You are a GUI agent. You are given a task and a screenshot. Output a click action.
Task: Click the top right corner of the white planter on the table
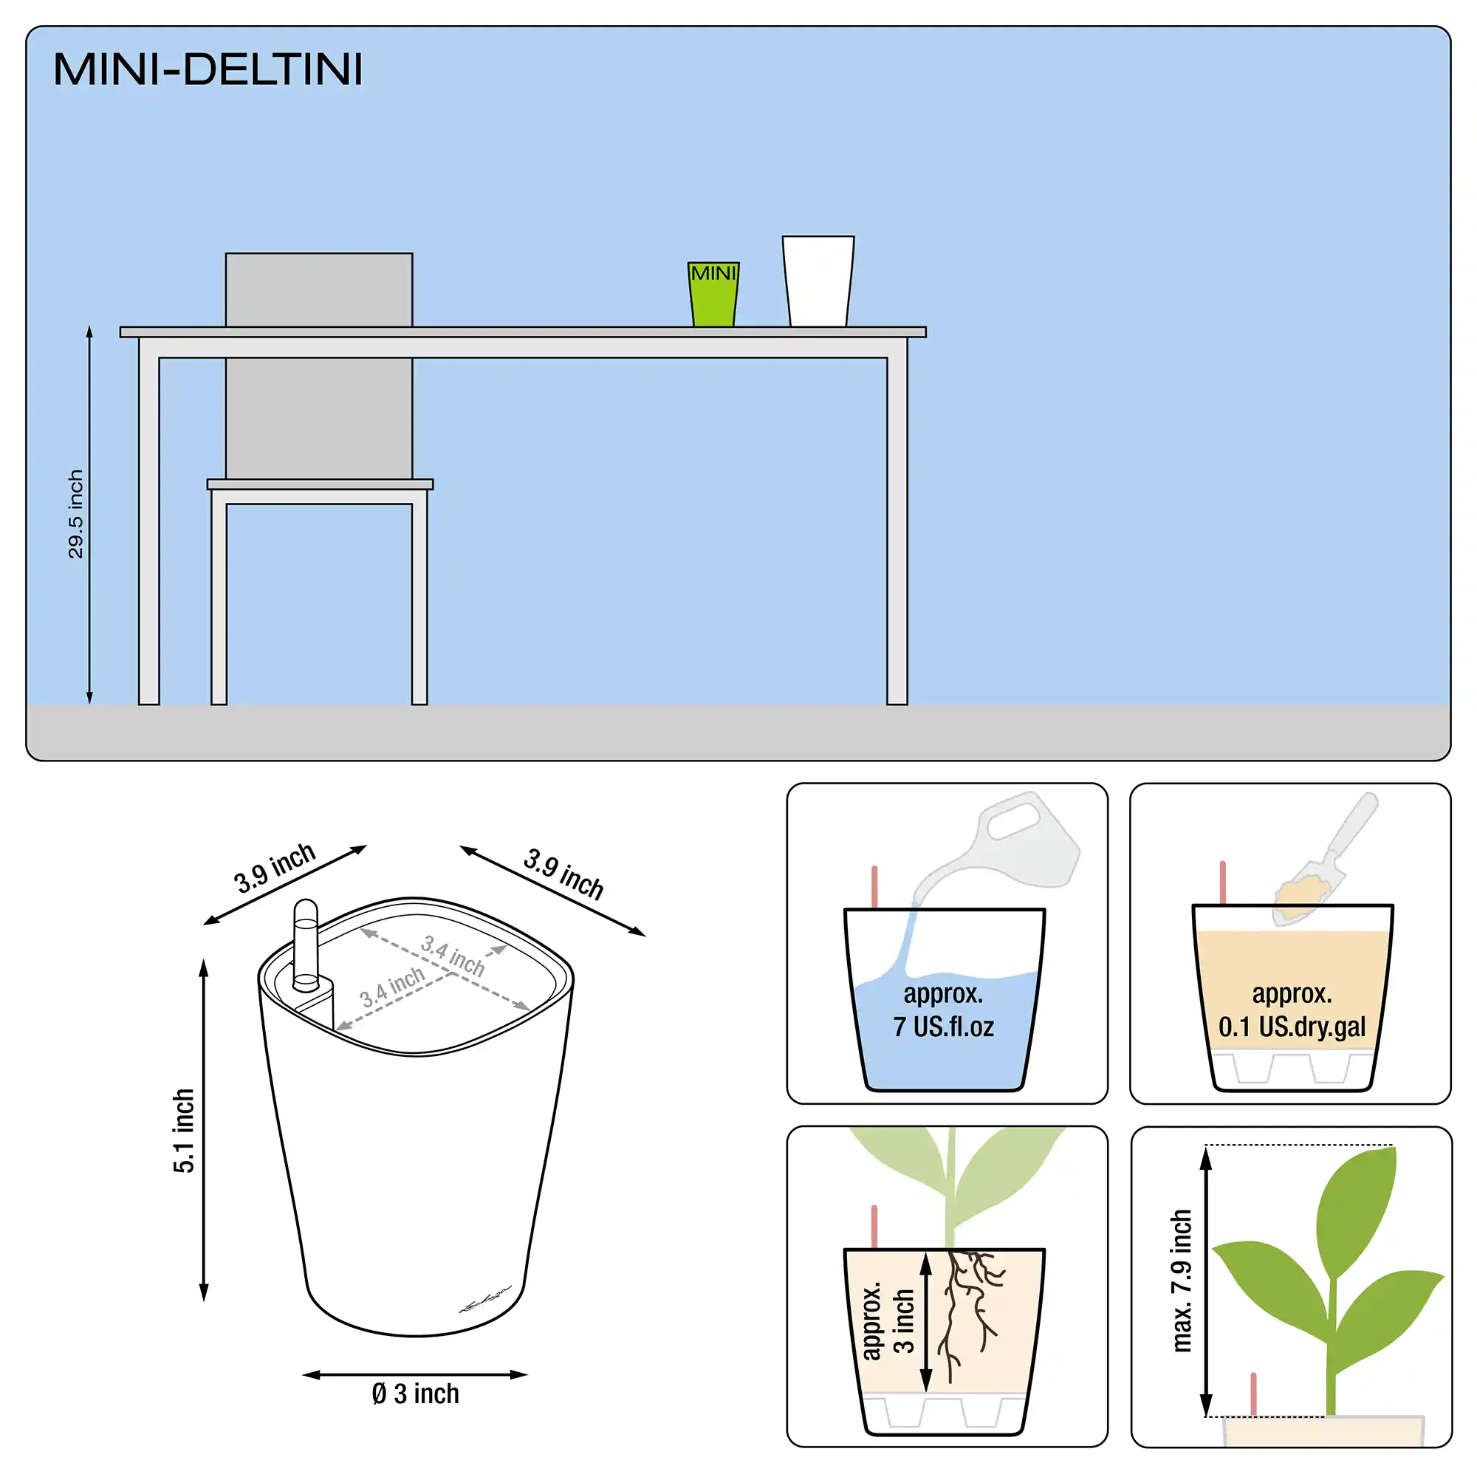[854, 236]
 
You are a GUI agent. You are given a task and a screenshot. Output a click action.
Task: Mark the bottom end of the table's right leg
[897, 703]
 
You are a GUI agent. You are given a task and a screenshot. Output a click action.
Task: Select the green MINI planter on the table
[713, 295]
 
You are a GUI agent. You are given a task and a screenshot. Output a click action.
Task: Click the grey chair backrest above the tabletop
[319, 289]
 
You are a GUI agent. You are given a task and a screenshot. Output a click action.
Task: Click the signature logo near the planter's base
[484, 1300]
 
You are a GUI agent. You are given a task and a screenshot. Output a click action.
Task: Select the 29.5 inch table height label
[75, 514]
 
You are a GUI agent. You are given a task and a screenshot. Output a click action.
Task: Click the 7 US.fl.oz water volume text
[943, 1026]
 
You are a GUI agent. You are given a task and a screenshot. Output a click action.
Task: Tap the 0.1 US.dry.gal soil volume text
[1292, 1027]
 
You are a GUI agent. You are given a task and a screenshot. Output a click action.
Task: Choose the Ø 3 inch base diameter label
[415, 1394]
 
